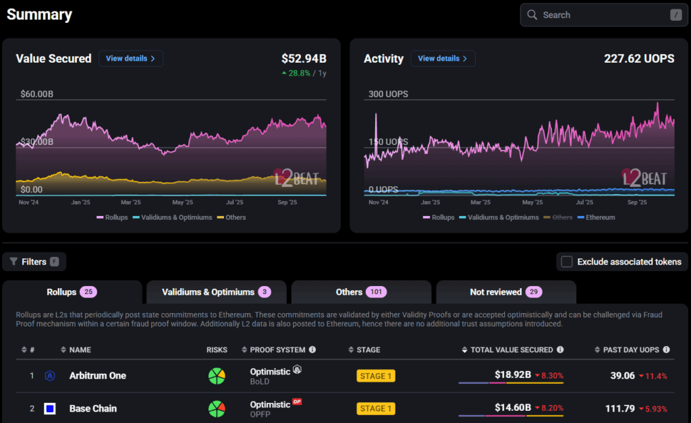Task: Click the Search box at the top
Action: [x=604, y=15]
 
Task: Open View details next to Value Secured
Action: [x=131, y=59]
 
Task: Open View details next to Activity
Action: [x=443, y=59]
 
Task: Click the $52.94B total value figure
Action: [x=304, y=59]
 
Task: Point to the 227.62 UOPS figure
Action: [x=639, y=59]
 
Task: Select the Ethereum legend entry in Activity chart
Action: [x=597, y=217]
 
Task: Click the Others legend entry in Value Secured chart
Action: [x=231, y=217]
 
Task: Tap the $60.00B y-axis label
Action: [x=36, y=94]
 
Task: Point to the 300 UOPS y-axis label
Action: [x=388, y=94]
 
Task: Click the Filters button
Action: [x=34, y=262]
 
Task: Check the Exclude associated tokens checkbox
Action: [x=567, y=262]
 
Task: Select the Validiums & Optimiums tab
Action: [x=217, y=292]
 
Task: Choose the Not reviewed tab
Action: [x=506, y=292]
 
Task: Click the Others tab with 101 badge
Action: [x=361, y=292]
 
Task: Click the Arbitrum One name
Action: [x=98, y=376]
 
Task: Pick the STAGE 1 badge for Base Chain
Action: [x=376, y=408]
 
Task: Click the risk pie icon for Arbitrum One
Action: [x=217, y=376]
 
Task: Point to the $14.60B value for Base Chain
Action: [x=513, y=407]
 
